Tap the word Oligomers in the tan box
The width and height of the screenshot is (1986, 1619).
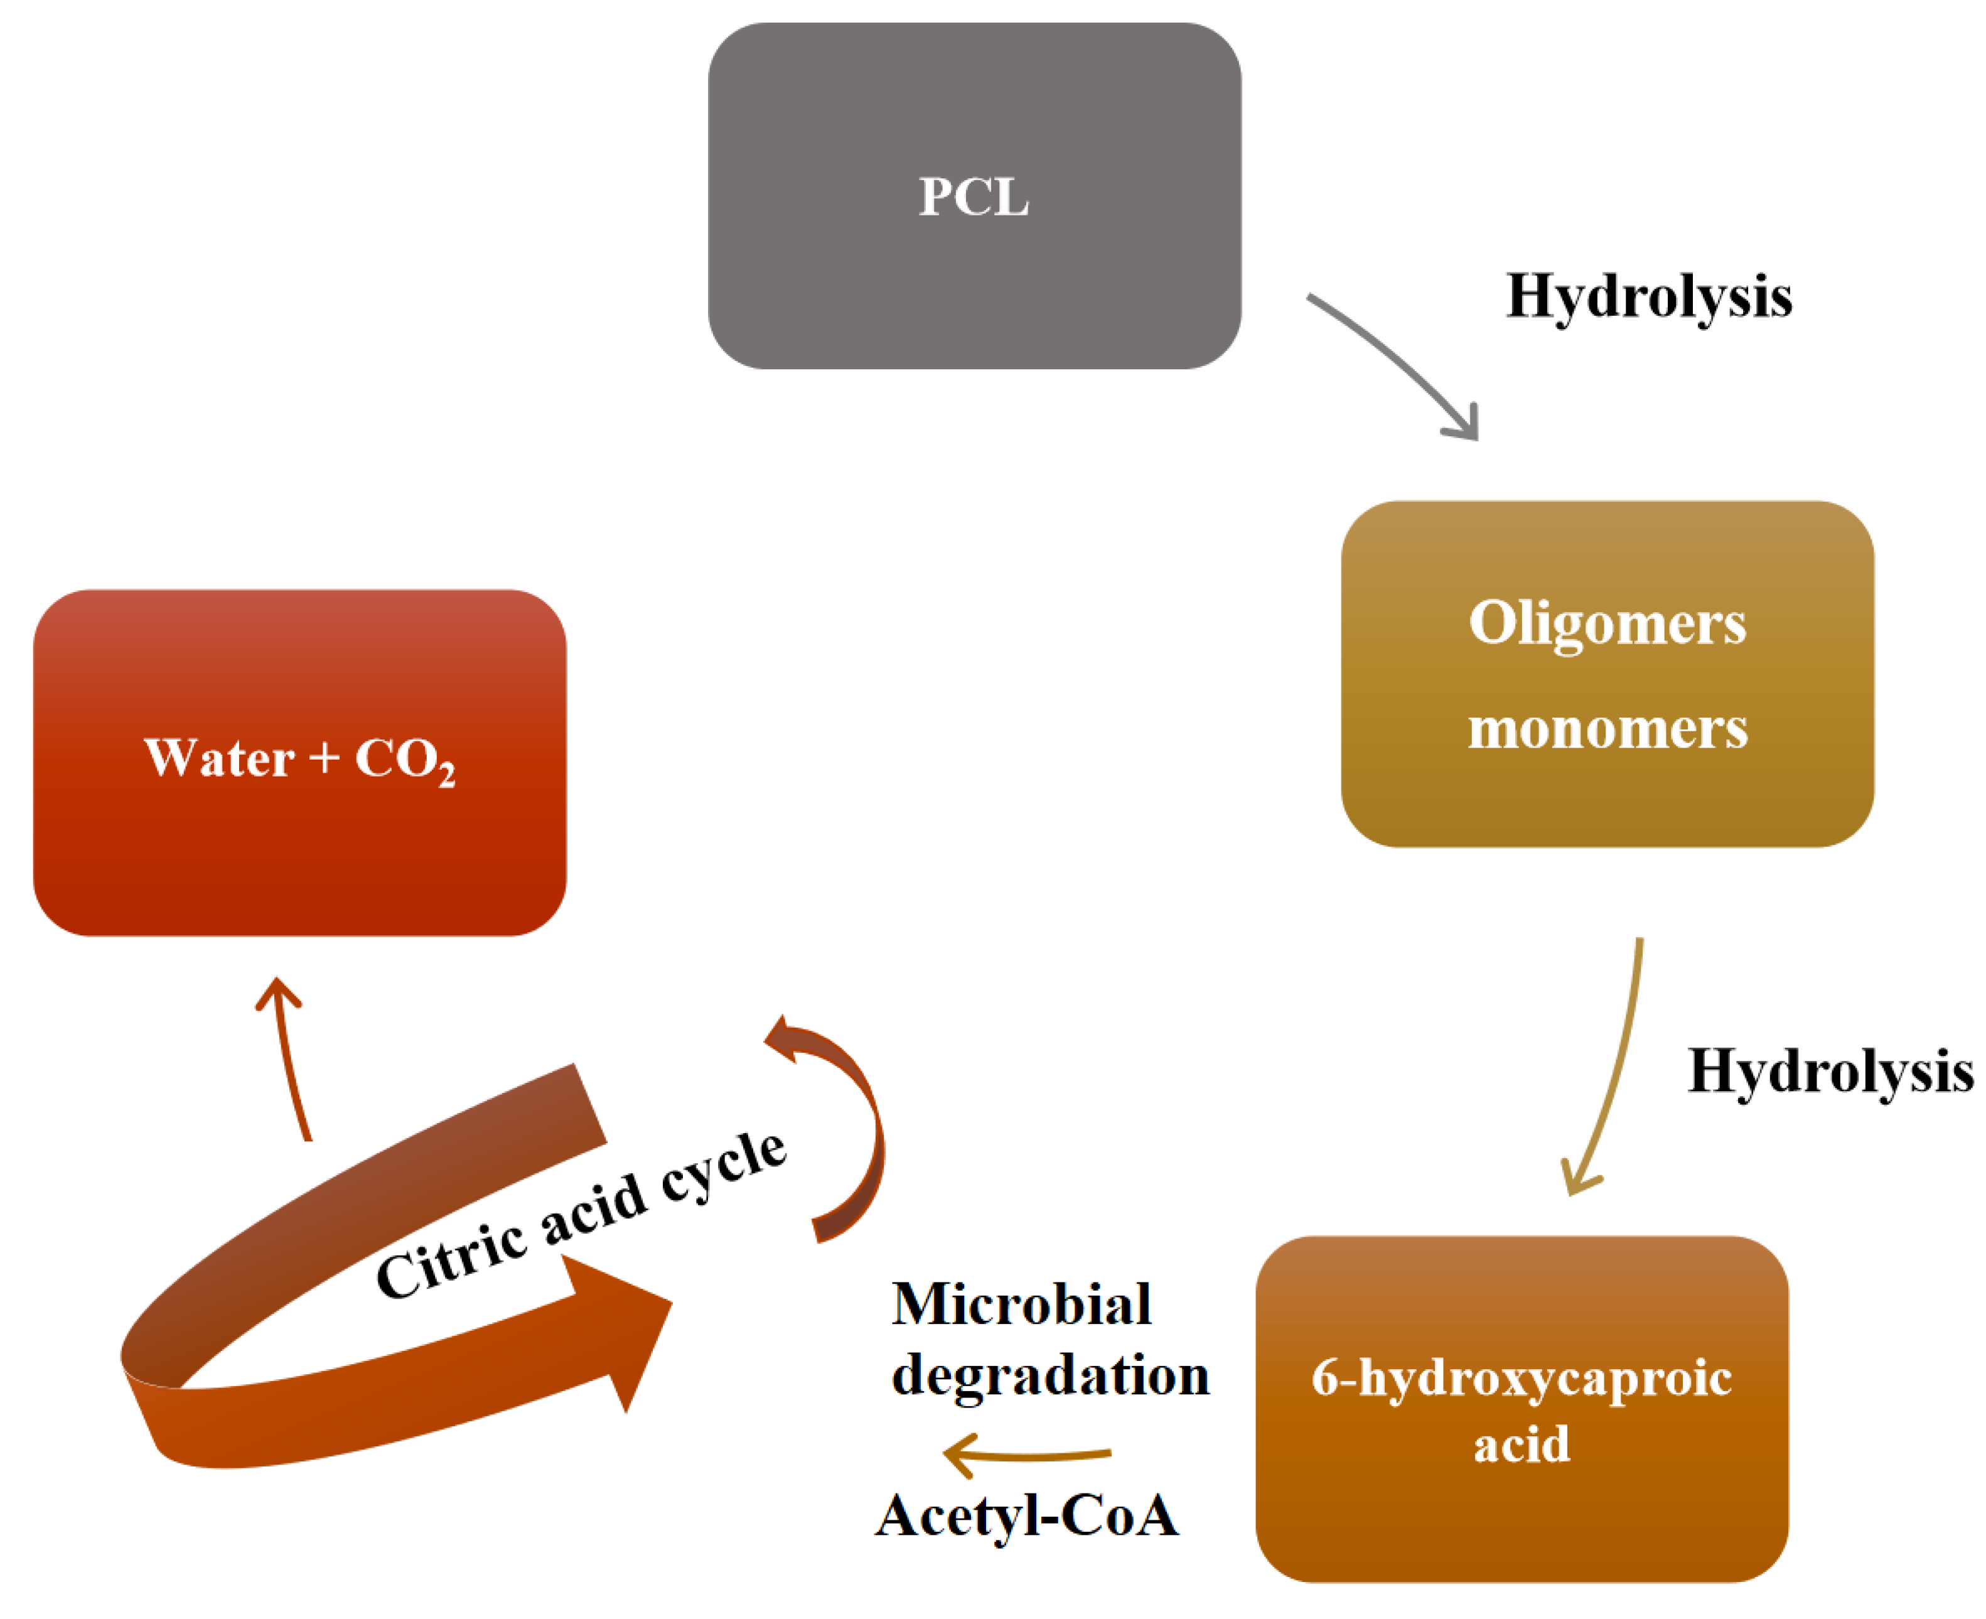[1606, 623]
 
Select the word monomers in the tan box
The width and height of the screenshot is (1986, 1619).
[1606, 728]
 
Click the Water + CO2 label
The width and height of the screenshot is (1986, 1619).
[298, 758]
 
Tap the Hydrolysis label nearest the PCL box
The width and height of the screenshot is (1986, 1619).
[1648, 296]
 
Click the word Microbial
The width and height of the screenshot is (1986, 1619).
[1021, 1304]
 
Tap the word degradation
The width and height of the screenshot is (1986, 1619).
[1050, 1375]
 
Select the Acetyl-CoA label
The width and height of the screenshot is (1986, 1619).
[1026, 1515]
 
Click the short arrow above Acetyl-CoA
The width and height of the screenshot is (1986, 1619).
[1026, 1454]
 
